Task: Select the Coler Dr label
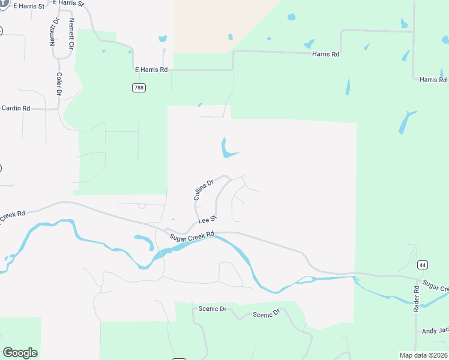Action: click(x=59, y=83)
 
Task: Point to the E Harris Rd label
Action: click(x=151, y=70)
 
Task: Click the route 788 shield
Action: click(x=139, y=88)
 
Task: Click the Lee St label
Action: click(x=206, y=220)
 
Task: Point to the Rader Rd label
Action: click(x=415, y=298)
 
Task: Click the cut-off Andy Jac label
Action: click(x=435, y=331)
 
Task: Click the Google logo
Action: click(x=20, y=352)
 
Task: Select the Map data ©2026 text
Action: click(x=423, y=355)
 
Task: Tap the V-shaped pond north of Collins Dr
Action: click(x=226, y=149)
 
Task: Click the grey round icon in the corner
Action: click(x=4, y=3)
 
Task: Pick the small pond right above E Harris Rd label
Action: click(x=162, y=39)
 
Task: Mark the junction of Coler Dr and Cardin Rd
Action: click(x=59, y=109)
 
